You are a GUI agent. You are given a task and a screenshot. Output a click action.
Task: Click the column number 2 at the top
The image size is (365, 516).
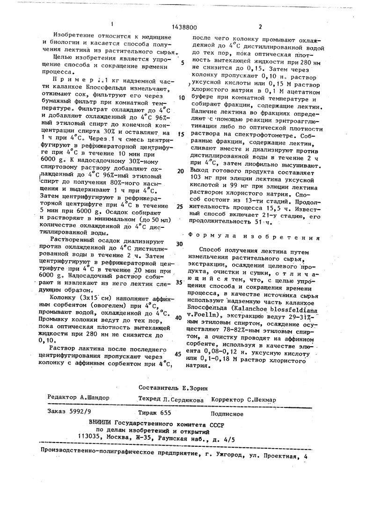tap(260, 27)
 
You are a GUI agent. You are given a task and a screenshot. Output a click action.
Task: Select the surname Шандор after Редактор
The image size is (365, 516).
tap(95, 397)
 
